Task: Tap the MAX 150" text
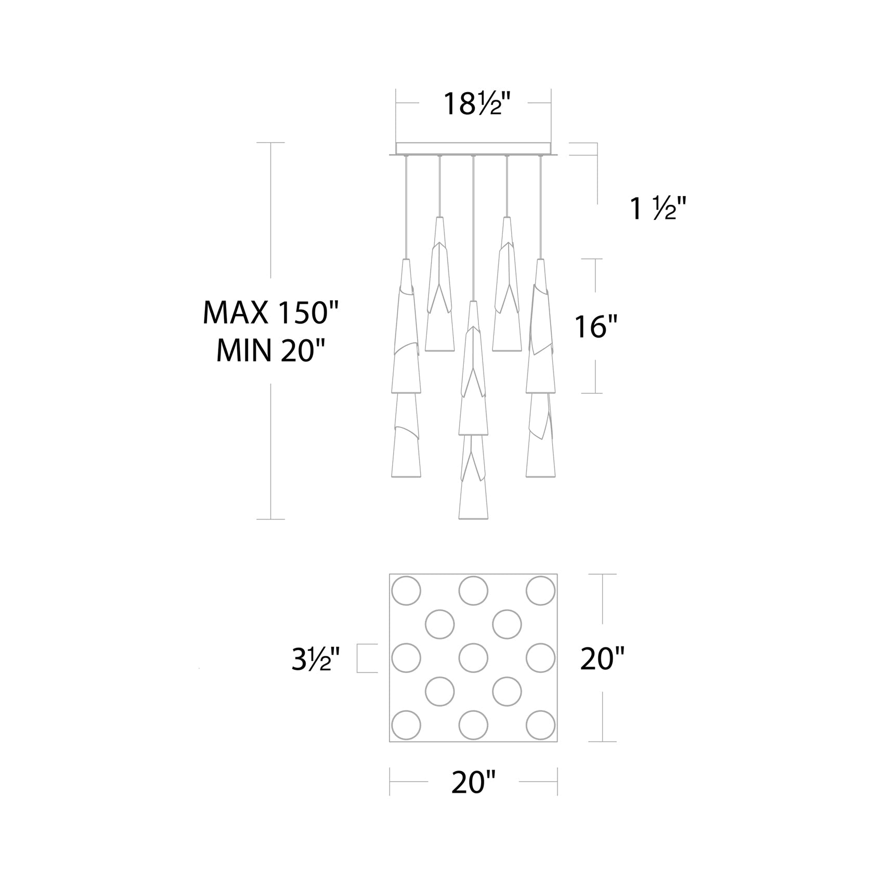click(x=270, y=313)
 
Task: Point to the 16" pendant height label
click(x=596, y=327)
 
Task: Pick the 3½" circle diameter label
click(x=316, y=659)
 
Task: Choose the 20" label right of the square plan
click(x=602, y=659)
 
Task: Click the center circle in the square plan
click(x=473, y=658)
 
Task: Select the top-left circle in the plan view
click(x=406, y=591)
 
